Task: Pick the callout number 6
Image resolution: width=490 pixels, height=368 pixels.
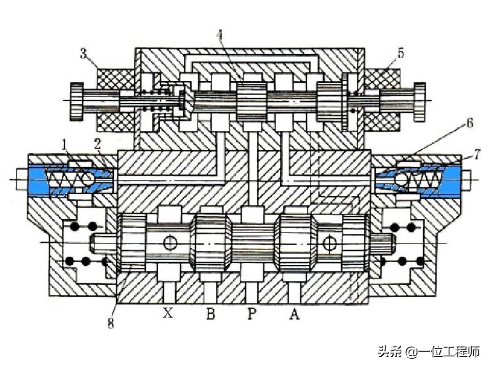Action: click(469, 123)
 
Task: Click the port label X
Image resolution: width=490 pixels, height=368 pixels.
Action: click(168, 314)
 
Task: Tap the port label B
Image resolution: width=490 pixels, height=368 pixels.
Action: click(210, 314)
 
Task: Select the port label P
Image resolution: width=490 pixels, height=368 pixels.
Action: click(251, 314)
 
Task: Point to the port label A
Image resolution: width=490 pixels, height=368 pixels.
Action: click(294, 314)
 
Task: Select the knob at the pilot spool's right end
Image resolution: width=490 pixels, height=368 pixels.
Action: click(420, 102)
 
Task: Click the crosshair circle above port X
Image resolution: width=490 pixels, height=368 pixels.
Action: click(170, 243)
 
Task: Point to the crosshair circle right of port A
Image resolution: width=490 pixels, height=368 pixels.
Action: click(330, 243)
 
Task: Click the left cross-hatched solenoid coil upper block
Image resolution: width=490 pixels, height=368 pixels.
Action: click(116, 79)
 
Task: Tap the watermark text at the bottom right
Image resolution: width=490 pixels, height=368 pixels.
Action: click(429, 352)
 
